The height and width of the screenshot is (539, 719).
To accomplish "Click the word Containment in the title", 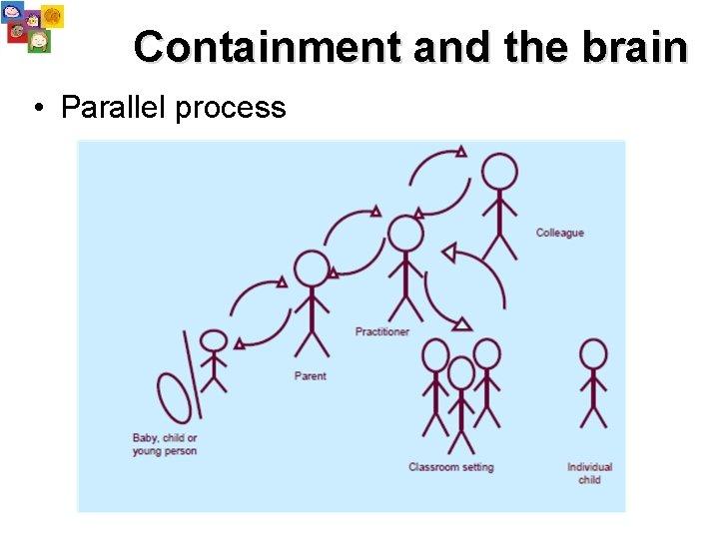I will pos(267,47).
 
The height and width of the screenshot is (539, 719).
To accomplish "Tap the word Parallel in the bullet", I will pos(114,108).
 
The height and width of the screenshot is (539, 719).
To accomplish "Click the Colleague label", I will pos(559,233).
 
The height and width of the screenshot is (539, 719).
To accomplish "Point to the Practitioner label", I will pos(381,331).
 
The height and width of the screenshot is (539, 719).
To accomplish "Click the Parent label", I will pos(311,376).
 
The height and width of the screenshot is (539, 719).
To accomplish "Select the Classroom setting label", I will pos(450,467).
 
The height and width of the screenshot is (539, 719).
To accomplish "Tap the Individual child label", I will pos(589,473).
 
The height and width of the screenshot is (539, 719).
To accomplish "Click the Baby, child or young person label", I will pos(165,444).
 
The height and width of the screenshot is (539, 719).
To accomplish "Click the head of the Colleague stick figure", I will pos(498,172).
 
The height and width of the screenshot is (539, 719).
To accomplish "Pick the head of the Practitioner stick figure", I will pos(405,234).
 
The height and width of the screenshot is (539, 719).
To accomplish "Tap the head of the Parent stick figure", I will pos(312,269).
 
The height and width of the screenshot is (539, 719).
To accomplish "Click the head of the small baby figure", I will pos(214,340).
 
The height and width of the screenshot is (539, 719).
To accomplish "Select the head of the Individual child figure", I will pos(593,354).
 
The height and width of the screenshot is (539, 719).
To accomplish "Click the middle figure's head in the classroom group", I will pos(460,373).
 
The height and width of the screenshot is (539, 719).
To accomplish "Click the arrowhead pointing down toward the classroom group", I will pos(460,322).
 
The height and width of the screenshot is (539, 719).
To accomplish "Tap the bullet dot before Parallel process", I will pos(36,109).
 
